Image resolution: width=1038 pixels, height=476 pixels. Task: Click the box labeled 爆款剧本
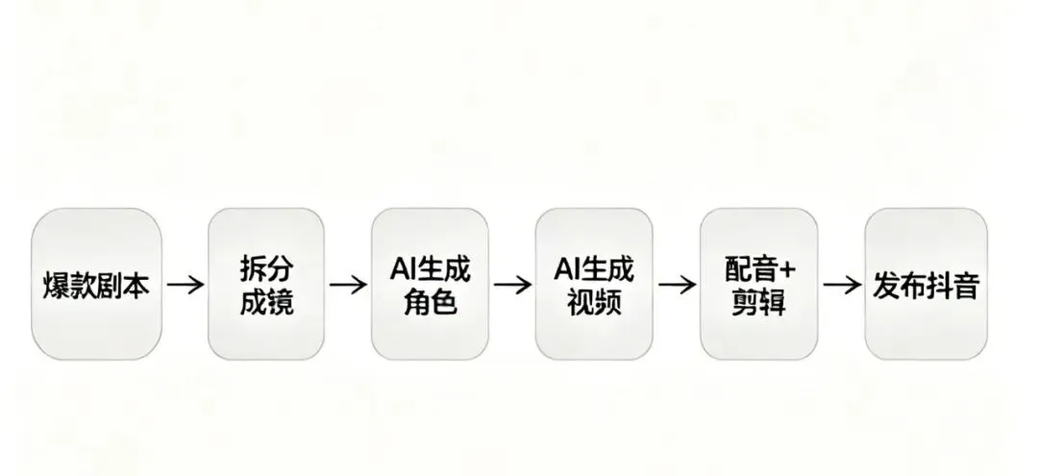click(x=96, y=285)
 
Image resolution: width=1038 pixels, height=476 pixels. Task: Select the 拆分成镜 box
click(x=265, y=285)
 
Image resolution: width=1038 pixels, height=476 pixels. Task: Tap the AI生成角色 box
click(x=430, y=285)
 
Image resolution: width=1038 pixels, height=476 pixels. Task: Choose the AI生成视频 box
click(x=594, y=285)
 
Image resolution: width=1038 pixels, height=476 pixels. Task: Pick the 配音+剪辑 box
click(x=758, y=285)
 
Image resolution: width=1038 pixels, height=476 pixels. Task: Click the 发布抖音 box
click(x=926, y=285)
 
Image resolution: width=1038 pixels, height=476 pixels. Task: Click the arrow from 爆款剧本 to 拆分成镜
click(x=185, y=285)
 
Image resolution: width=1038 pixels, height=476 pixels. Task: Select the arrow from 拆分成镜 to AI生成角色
click(x=348, y=285)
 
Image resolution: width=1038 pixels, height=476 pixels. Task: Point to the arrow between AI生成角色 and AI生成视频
click(x=512, y=285)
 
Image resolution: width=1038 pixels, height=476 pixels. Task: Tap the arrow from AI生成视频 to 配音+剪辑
click(x=677, y=285)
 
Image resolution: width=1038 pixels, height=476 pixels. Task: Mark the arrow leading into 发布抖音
click(x=842, y=285)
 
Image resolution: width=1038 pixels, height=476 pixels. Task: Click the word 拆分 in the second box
click(x=265, y=269)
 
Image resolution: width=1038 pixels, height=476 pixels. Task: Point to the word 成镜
click(x=265, y=303)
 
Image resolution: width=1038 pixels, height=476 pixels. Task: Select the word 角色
click(x=430, y=303)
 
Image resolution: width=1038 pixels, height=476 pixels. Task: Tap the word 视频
click(x=594, y=303)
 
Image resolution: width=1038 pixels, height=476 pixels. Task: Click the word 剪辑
click(x=758, y=303)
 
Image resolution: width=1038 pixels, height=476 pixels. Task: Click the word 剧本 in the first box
click(x=123, y=286)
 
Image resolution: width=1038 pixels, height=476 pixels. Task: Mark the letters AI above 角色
click(x=403, y=269)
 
